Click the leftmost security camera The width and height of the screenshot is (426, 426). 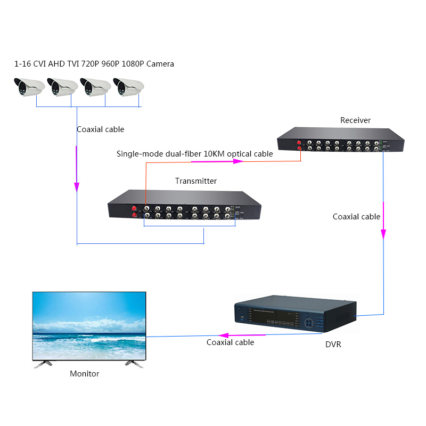tap(28, 86)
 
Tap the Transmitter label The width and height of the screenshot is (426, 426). tap(196, 181)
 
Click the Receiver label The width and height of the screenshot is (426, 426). tap(355, 120)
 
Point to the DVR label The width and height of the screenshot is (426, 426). tap(333, 345)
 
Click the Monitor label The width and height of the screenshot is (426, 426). tap(85, 374)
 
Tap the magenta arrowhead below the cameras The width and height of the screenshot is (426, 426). tap(77, 187)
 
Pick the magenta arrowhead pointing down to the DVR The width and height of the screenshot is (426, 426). tap(383, 234)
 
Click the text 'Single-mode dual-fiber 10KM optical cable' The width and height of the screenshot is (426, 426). tap(194, 154)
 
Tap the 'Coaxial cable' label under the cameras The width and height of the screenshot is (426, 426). tap(100, 129)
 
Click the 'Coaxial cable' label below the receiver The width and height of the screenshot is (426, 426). tap(356, 217)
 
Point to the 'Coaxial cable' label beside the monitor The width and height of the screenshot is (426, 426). tap(230, 342)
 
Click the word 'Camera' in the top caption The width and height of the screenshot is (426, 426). tap(160, 64)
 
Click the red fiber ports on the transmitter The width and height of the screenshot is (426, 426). tap(134, 211)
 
